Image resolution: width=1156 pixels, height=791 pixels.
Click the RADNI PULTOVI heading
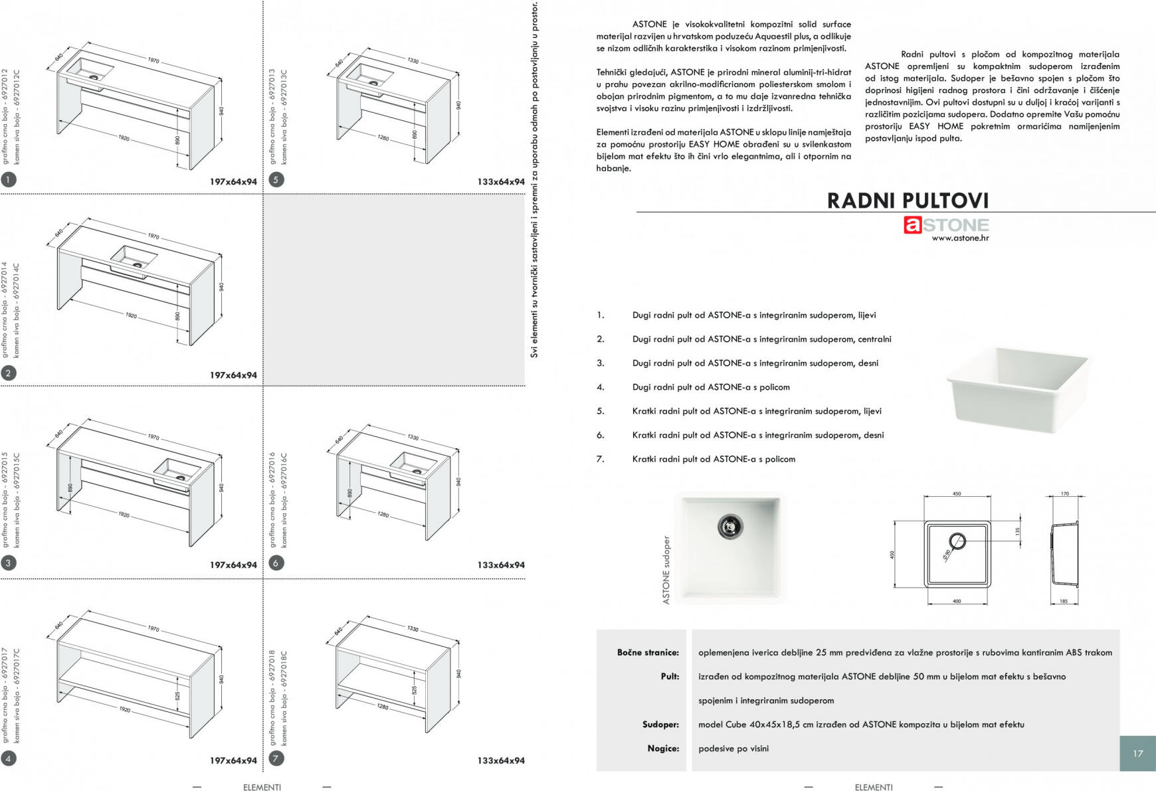[907, 201]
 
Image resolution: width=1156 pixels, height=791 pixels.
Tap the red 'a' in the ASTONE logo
[912, 225]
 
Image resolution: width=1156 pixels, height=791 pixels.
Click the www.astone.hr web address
[959, 238]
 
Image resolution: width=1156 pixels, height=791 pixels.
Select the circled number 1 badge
[8, 179]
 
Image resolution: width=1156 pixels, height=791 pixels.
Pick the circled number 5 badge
[276, 179]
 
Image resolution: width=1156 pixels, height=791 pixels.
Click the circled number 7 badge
[276, 758]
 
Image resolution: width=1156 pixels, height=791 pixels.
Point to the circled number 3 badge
[8, 563]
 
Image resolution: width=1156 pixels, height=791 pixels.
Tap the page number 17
[1137, 753]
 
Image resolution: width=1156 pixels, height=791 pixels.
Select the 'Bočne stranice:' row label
[648, 652]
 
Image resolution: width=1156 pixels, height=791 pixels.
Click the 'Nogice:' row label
[663, 748]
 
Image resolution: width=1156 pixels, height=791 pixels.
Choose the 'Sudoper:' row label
[660, 725]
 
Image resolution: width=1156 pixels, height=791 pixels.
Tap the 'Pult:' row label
[670, 676]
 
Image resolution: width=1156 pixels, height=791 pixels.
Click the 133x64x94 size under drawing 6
[501, 565]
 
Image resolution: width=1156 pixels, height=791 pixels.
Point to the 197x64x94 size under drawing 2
[233, 375]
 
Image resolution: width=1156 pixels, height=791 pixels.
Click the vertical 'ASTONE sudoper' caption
[666, 570]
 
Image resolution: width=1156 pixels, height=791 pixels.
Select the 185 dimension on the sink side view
[1064, 602]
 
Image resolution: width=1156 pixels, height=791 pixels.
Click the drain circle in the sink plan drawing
[957, 540]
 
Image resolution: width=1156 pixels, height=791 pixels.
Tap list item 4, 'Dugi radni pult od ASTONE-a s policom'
[711, 387]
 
